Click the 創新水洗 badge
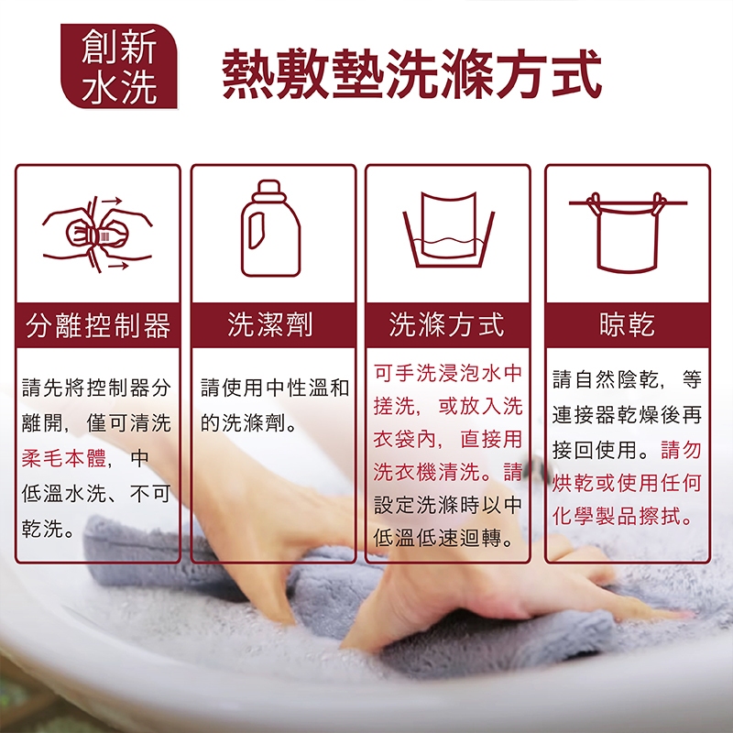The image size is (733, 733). pos(119,66)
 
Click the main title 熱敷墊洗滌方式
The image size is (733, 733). pos(411,74)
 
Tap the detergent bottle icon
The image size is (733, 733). pos(270,228)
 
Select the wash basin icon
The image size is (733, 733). pos(449,229)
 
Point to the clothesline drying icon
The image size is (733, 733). pos(628,233)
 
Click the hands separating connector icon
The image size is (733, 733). pos(98,234)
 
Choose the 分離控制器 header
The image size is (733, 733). pos(98,325)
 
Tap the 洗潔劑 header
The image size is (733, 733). pos(270,324)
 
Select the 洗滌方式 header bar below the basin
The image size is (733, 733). pos(447,324)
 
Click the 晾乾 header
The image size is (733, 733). pos(628,324)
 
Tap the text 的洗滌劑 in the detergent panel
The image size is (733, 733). pos(243,423)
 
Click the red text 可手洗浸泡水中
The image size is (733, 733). pos(447,373)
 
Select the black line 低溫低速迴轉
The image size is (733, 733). pos(437,538)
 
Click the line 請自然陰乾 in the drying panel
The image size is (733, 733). pos(606,378)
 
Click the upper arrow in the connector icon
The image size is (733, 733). pos(112,201)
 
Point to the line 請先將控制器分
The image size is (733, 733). pos(96,388)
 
